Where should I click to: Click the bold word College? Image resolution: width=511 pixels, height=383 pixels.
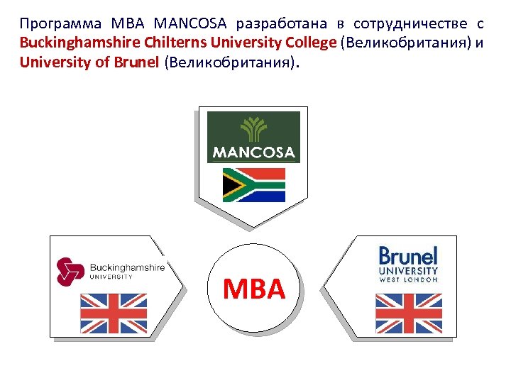307,43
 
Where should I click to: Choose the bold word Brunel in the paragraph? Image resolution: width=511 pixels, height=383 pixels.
136,62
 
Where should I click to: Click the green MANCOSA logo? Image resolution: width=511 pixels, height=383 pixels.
253,136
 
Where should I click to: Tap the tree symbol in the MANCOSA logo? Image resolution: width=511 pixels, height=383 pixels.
253,129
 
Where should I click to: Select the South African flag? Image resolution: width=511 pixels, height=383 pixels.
253,184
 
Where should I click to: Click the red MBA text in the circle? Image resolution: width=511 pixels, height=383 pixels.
253,289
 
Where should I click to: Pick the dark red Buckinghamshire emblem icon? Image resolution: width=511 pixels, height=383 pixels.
70,271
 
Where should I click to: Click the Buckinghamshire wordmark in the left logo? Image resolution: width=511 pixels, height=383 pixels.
127,267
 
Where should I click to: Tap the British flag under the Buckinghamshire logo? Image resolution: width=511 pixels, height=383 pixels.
114,313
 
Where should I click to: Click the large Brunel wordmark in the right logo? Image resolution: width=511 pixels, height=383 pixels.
408,255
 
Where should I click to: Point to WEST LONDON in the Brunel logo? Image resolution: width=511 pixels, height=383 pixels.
408,279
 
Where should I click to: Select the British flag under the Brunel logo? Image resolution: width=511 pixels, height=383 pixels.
408,313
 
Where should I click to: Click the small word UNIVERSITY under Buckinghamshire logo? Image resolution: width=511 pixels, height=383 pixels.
110,277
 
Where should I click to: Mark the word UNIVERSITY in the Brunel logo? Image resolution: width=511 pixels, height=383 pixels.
408,271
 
